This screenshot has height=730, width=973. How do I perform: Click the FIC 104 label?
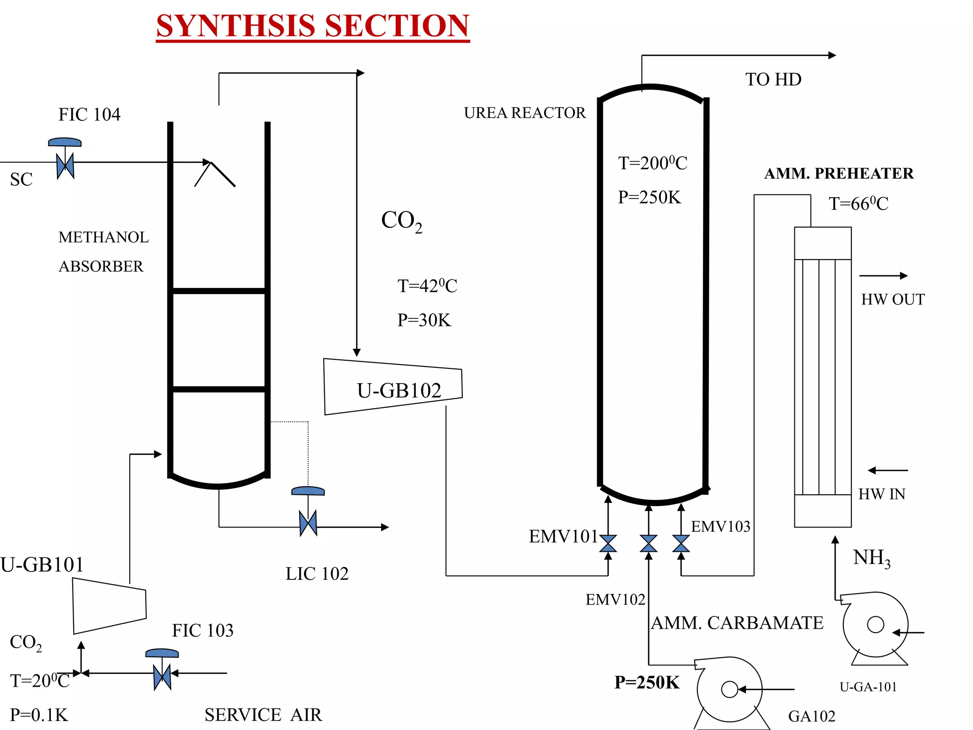click(89, 115)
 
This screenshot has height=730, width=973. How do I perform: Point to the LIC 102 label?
click(317, 574)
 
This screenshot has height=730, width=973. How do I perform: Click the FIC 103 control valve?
click(162, 676)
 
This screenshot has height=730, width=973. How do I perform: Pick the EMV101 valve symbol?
click(608, 543)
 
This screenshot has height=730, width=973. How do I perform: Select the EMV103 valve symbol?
click(681, 543)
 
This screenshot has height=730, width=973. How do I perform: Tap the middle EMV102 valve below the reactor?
click(649, 543)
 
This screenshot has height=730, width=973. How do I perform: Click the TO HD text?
click(773, 79)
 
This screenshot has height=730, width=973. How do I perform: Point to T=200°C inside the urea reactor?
click(652, 163)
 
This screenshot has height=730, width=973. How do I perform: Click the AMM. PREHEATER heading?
click(839, 173)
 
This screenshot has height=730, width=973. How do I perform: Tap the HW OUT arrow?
click(883, 276)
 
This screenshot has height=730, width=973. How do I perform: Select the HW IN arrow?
click(887, 471)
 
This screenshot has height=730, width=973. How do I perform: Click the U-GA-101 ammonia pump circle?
click(875, 624)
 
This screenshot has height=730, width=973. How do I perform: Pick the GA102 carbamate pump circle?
click(729, 689)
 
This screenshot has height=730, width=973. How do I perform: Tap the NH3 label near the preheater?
click(871, 558)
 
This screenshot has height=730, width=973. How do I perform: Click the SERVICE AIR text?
click(263, 715)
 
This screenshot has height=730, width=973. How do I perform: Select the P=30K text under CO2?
click(424, 320)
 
